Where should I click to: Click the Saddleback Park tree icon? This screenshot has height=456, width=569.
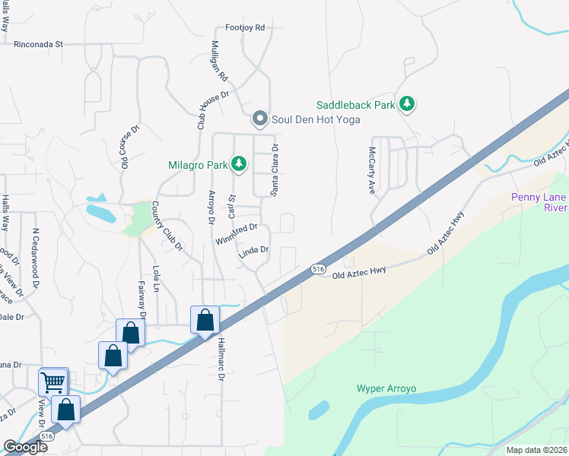point(407,104)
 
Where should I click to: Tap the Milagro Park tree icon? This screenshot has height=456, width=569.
point(239,163)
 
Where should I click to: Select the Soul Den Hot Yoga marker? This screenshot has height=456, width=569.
point(260,119)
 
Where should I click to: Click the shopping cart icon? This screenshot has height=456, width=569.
point(53,382)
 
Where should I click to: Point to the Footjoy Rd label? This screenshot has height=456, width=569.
point(244,27)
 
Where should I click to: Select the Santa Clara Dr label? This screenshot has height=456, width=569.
point(276,169)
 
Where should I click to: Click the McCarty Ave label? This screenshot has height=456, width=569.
point(373,171)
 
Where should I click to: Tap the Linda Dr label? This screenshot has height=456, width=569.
point(255,250)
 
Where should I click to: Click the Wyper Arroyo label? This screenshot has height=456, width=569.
point(386,388)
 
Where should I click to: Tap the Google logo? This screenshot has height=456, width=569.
point(25,447)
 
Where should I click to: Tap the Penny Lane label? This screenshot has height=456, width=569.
point(539,197)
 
